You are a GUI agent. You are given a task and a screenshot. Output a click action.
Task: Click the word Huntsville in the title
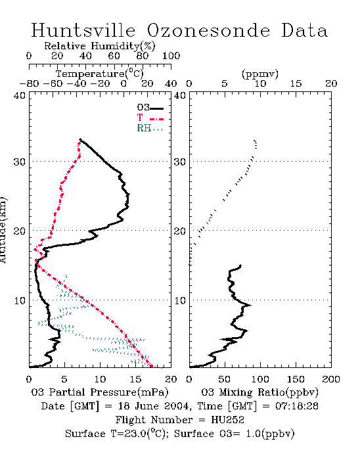83,30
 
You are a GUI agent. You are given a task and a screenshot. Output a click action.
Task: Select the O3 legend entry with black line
150,108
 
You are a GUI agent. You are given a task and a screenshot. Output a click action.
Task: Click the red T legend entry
150,118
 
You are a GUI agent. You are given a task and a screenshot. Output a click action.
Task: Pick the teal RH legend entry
150,128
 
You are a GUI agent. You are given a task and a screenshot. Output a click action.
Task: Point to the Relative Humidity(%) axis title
100,46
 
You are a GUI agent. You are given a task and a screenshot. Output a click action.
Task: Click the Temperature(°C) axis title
100,74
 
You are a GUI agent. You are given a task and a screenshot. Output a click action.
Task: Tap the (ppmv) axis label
260,74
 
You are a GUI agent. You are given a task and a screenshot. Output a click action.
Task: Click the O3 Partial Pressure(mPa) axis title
100,392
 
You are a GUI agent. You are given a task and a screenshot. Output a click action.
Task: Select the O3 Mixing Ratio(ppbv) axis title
259,392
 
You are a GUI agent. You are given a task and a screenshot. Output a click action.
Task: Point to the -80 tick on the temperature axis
29,84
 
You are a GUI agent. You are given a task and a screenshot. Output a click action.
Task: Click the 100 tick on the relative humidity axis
171,56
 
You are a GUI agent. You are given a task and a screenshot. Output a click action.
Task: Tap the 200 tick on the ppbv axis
331,379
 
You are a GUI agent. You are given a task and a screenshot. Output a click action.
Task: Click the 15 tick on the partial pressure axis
135,379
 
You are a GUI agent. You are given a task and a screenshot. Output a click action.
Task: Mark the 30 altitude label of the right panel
180,162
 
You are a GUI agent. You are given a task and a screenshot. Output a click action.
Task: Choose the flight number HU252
228,420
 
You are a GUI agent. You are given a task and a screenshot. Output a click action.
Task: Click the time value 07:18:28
297,406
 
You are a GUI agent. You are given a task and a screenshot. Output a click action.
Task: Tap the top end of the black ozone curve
80,139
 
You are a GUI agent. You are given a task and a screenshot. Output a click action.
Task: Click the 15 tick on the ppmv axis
296,84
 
